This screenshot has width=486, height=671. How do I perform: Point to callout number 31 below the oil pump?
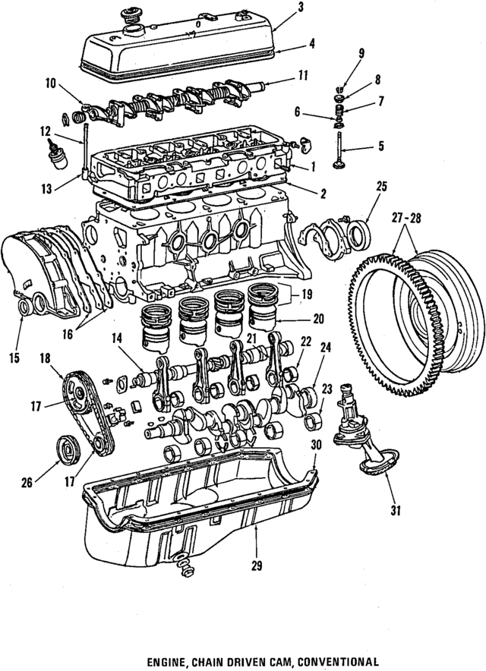[394, 510]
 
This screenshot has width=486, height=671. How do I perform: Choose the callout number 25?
[381, 186]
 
